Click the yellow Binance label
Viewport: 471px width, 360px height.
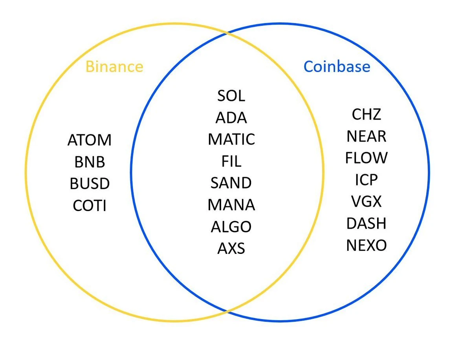[114, 66]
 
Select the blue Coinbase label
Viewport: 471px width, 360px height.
[337, 66]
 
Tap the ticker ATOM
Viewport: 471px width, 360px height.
[90, 140]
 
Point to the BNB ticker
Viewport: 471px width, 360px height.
[90, 162]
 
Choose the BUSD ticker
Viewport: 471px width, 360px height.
[90, 184]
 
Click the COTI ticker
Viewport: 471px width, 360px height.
[90, 206]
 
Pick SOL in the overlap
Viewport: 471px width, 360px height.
[231, 96]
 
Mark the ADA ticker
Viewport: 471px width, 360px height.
[231, 118]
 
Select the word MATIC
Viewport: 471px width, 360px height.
[231, 140]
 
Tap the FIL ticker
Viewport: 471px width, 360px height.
[231, 161]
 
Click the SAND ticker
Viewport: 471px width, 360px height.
[231, 183]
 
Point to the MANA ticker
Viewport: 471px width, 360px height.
[231, 205]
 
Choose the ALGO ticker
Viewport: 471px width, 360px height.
[231, 227]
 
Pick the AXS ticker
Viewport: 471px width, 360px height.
[231, 248]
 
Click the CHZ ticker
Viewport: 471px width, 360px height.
[366, 114]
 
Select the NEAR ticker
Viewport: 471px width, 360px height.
[366, 136]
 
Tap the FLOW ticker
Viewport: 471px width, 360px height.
[366, 158]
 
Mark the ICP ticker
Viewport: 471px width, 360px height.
[366, 180]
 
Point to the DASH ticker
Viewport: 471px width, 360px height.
[366, 224]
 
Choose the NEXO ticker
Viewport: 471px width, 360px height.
[366, 245]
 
